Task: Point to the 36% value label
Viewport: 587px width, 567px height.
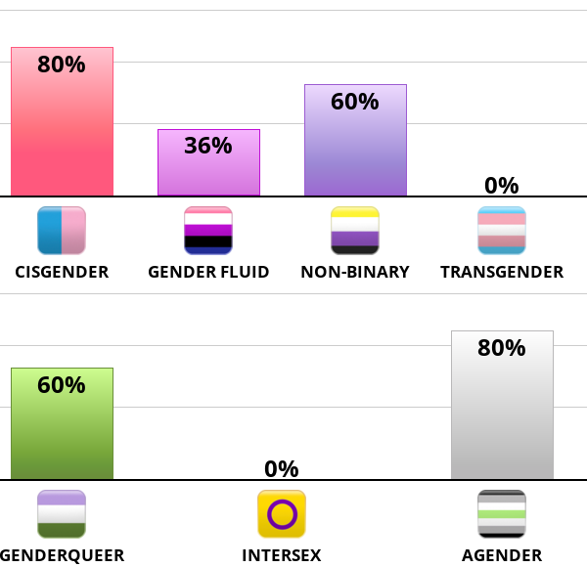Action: tap(208, 146)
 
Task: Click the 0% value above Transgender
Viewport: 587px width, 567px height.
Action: tap(502, 185)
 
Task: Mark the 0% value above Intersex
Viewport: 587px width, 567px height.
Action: tap(282, 468)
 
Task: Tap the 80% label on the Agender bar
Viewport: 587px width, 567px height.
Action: tap(502, 348)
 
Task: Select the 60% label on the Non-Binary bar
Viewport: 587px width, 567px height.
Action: tap(355, 102)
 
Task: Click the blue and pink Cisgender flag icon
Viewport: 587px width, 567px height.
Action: tap(62, 231)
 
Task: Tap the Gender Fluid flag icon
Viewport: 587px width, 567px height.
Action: tap(208, 231)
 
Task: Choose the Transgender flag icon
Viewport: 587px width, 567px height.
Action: tap(502, 231)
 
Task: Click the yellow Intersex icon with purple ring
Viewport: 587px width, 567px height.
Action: tap(282, 514)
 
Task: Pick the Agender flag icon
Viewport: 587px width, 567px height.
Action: tap(502, 514)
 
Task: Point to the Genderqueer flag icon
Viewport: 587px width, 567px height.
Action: tap(62, 514)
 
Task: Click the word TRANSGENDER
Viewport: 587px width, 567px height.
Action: tap(502, 272)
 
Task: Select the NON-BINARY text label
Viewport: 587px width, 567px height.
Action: tap(355, 272)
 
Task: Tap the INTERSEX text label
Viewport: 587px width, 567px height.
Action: tap(282, 555)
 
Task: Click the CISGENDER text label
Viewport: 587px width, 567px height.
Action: tap(62, 272)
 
